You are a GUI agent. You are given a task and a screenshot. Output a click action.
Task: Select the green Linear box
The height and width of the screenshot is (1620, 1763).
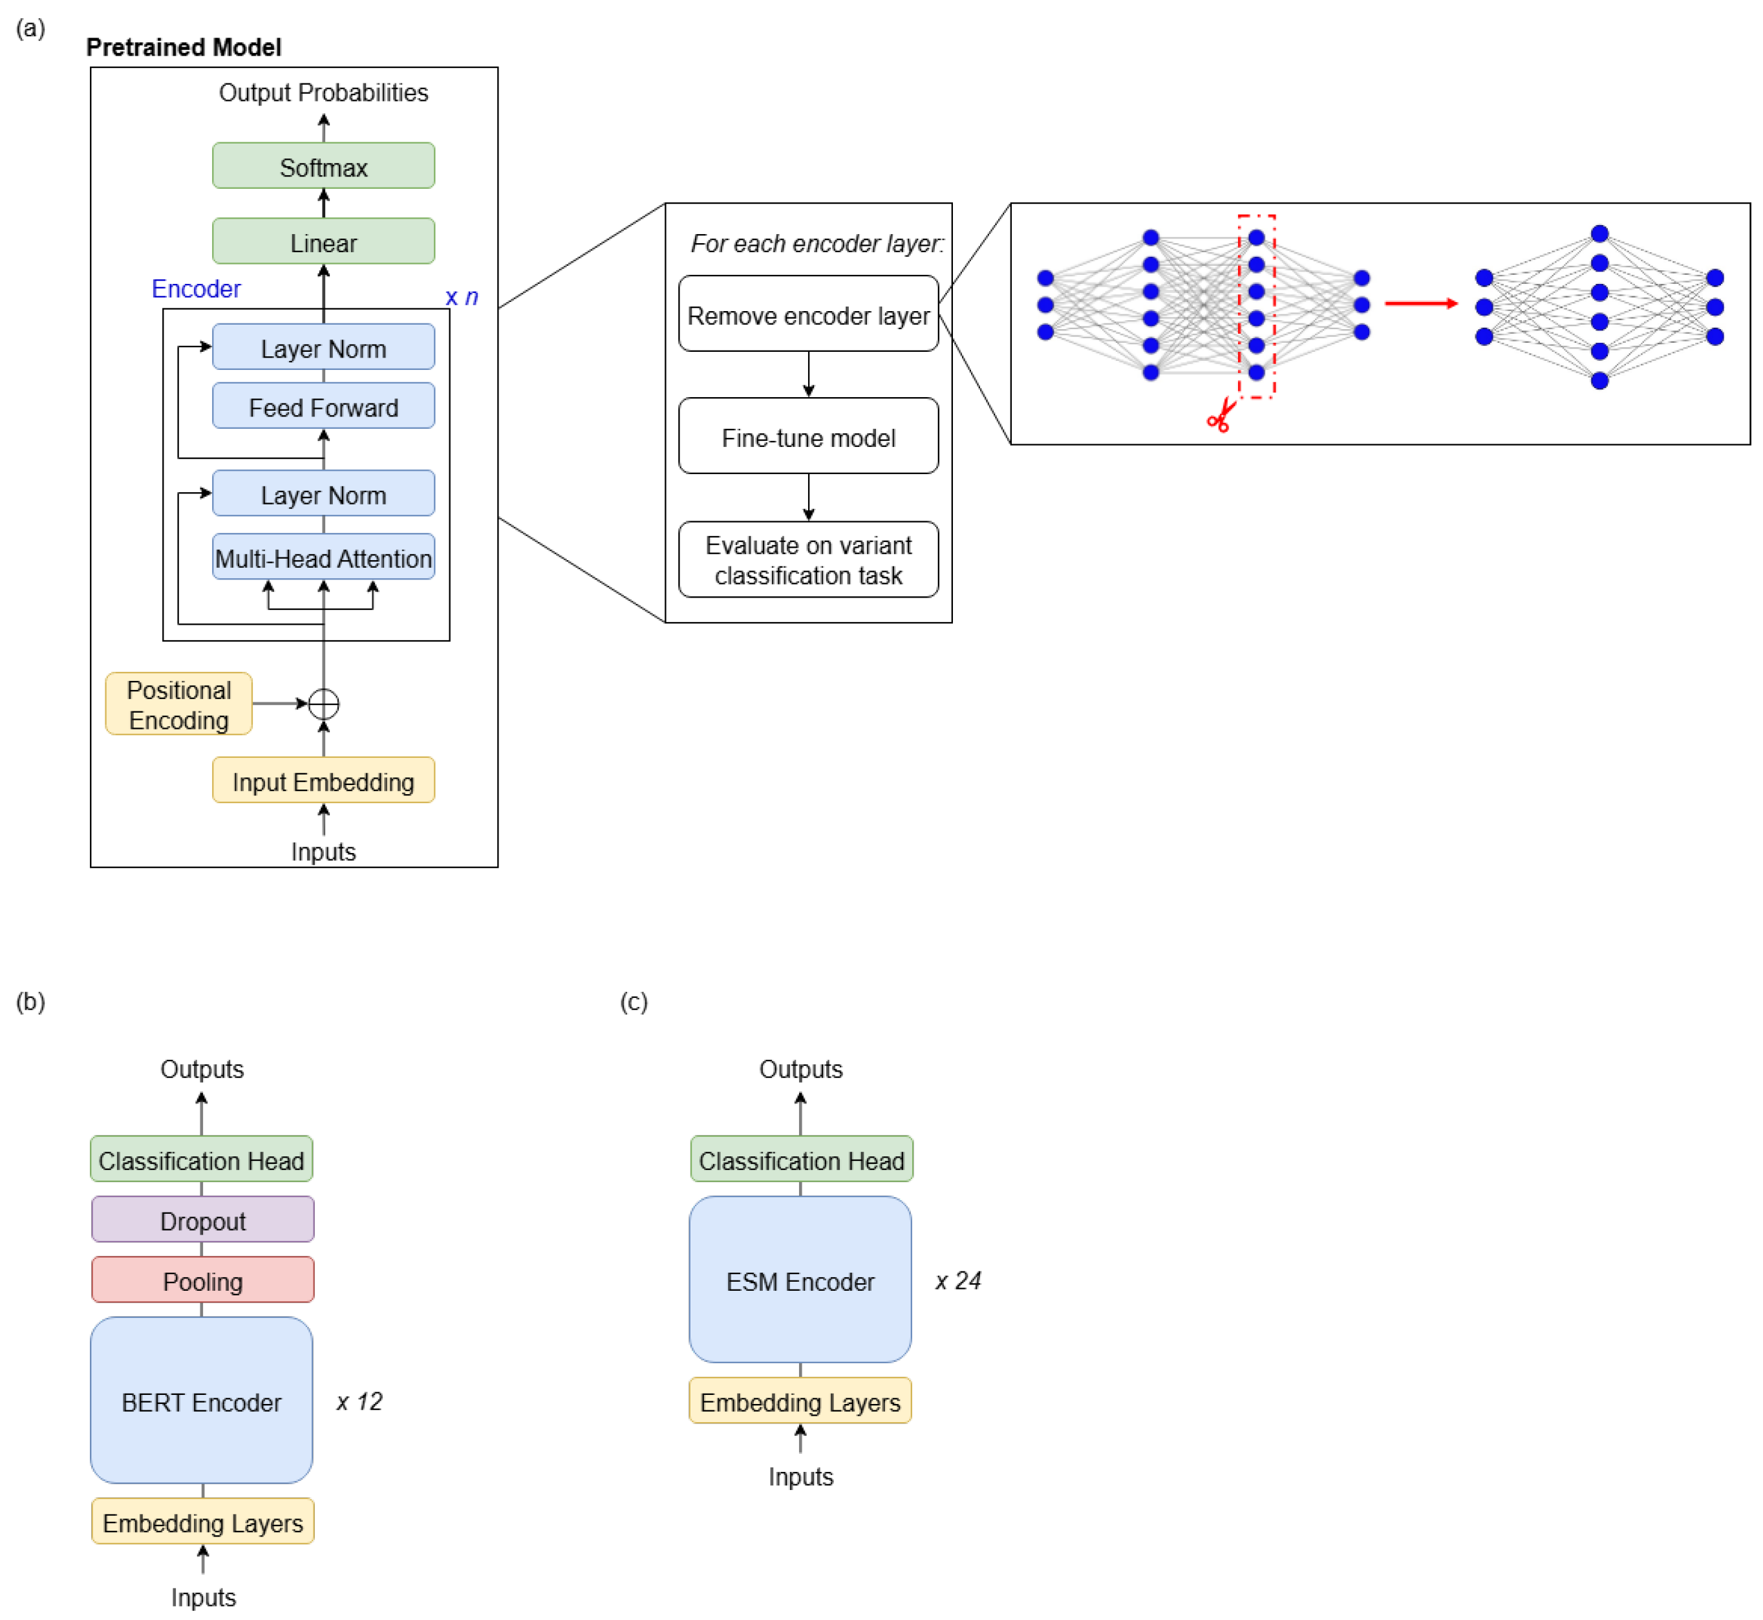point(323,242)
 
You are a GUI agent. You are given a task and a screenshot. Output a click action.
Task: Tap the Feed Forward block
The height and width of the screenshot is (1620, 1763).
point(323,407)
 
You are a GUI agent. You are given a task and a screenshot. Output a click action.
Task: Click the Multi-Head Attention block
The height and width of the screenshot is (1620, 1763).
point(323,557)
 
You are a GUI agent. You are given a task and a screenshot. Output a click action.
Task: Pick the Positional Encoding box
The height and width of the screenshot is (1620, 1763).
point(178,704)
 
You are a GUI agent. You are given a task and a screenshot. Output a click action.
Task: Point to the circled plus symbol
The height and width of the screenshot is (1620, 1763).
point(323,704)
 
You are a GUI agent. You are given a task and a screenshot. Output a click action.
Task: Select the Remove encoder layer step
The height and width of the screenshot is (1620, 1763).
point(808,315)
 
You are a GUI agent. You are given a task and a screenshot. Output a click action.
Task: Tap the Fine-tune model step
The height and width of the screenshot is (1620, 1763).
point(808,437)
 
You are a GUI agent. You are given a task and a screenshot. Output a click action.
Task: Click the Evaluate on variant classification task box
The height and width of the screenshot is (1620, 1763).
point(808,559)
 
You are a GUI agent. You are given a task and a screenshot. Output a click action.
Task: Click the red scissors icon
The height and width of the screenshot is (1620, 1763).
point(1221,416)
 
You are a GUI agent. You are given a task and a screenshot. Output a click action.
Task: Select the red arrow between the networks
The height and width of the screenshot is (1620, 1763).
point(1420,303)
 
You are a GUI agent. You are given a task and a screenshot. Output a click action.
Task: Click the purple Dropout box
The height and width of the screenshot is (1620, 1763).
point(202,1220)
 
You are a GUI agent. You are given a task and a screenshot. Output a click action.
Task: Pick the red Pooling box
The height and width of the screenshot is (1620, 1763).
point(202,1280)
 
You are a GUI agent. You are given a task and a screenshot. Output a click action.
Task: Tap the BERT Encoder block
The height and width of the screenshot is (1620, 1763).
point(202,1401)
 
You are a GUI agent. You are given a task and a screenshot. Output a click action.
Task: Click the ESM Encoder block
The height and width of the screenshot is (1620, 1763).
point(800,1280)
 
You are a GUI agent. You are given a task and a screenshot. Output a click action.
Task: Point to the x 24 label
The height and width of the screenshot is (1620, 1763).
point(957,1280)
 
